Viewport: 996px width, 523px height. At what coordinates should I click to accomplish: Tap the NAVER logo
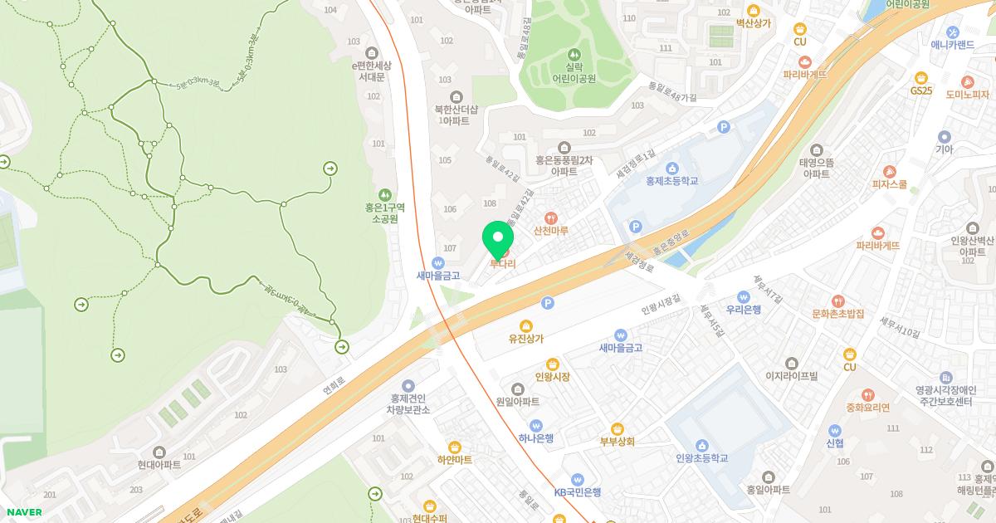click(22, 512)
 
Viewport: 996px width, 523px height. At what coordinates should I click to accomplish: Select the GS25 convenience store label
click(921, 90)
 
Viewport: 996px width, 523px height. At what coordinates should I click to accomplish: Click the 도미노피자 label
click(968, 95)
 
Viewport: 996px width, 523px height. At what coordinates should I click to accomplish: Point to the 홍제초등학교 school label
click(672, 180)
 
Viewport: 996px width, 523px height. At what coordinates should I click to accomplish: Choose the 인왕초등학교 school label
click(701, 457)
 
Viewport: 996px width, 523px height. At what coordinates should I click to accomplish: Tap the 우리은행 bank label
click(744, 309)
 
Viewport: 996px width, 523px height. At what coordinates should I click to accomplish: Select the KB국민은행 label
click(578, 491)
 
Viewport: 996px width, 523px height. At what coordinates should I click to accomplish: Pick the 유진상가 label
click(526, 338)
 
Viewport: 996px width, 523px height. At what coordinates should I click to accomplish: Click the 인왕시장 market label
click(553, 376)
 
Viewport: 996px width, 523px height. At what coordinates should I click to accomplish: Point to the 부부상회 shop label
click(618, 441)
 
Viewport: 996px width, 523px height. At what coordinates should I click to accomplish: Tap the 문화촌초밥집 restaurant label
click(838, 314)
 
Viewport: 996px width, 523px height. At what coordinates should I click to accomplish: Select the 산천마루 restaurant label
click(551, 230)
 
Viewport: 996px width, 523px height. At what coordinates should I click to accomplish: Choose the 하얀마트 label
click(454, 459)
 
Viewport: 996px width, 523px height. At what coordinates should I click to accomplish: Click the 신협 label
click(835, 442)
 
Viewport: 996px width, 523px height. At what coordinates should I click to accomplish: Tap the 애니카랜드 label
click(952, 45)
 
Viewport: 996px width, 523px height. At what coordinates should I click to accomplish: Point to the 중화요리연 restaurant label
click(867, 407)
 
